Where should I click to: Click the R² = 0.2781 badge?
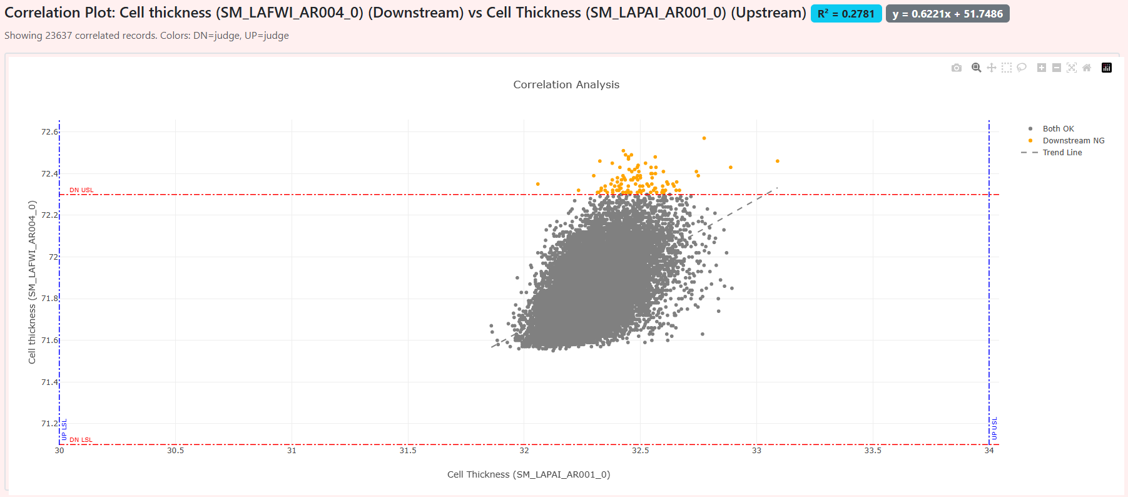(846, 14)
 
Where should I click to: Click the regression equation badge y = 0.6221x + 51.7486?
(947, 14)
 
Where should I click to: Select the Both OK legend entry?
(1058, 129)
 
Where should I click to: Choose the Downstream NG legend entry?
(1073, 141)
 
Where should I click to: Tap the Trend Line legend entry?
(1062, 153)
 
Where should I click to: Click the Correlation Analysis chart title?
(566, 85)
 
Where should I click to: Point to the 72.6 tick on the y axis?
(49, 131)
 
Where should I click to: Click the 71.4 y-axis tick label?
(49, 382)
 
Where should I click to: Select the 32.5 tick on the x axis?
(640, 451)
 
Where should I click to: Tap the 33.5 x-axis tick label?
(873, 451)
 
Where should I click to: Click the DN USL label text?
(81, 190)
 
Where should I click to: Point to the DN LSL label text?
(81, 440)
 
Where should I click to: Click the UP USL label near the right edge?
(995, 428)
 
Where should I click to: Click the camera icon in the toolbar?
(957, 68)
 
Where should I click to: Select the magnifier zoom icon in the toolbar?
(976, 68)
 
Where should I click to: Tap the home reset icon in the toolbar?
(1087, 68)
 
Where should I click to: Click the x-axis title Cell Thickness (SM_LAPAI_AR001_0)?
(529, 474)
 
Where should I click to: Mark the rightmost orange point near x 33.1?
(778, 161)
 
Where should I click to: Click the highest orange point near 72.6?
(704, 138)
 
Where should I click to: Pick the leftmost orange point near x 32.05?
(538, 184)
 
